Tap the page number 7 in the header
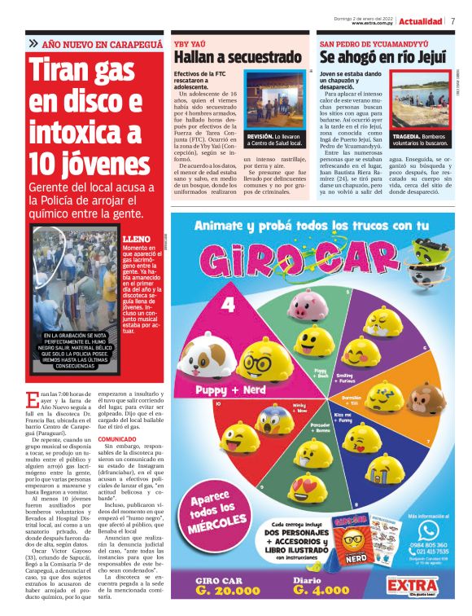point(452,21)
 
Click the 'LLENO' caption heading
point(135,240)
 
